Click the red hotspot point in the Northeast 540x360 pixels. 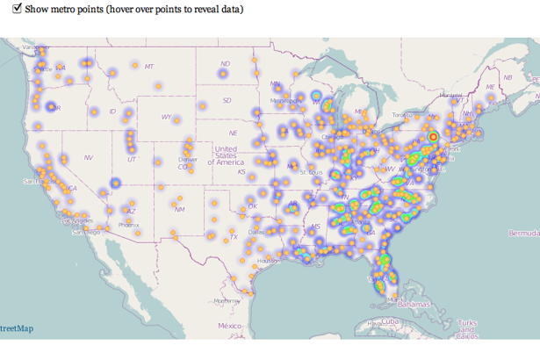(433, 137)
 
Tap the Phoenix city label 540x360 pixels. (128, 225)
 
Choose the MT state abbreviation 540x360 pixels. (148, 67)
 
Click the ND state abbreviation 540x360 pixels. (225, 63)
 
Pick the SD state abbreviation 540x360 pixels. (227, 100)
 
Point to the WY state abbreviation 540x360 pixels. (166, 117)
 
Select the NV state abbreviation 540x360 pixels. (89, 157)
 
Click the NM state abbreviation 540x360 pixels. (179, 209)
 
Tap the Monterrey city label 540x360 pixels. (227, 301)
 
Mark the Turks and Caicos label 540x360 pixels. (466, 328)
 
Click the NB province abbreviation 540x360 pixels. (507, 77)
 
